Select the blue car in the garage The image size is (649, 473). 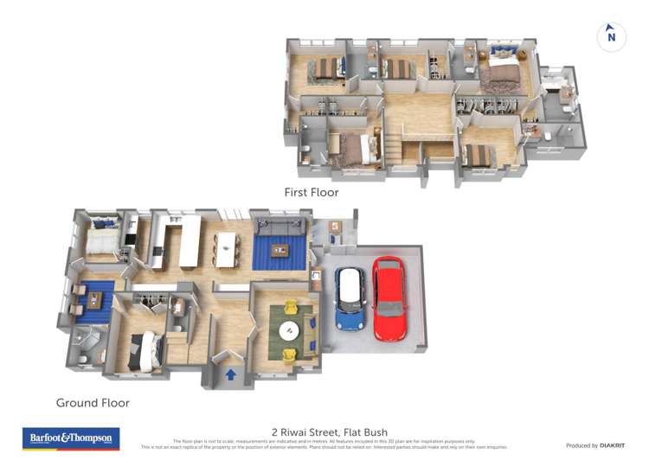[x=350, y=298]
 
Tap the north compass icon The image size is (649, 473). [x=611, y=36]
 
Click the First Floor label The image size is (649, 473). [x=312, y=192]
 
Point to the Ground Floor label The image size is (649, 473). [x=93, y=403]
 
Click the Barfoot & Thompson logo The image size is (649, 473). [x=70, y=439]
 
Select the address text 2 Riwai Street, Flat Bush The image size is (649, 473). [x=329, y=432]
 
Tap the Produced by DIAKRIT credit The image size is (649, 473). [x=595, y=445]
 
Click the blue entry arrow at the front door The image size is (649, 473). [x=231, y=374]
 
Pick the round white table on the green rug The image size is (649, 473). [x=288, y=329]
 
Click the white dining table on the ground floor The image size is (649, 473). [x=227, y=248]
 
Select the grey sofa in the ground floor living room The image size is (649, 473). [x=279, y=227]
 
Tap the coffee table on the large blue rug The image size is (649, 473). [x=280, y=251]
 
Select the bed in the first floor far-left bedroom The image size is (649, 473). [x=326, y=68]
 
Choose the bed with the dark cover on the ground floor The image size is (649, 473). [x=144, y=351]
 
